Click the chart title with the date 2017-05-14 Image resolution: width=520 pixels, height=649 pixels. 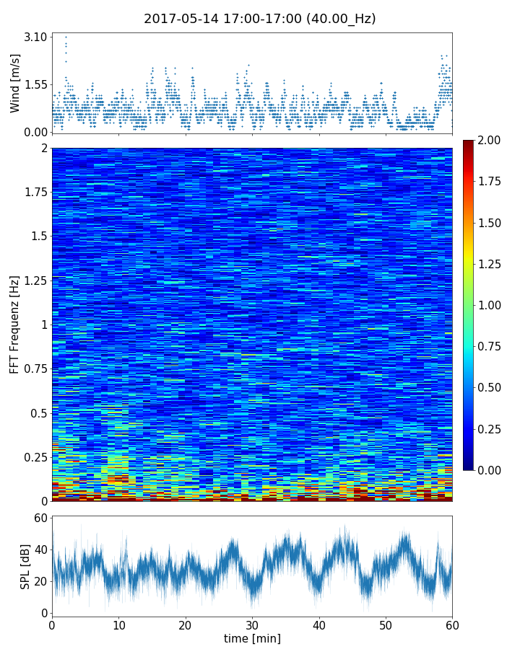[x=259, y=19]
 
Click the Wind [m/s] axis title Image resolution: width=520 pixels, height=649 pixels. [x=15, y=83]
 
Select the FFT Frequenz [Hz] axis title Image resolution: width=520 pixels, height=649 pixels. [x=15, y=324]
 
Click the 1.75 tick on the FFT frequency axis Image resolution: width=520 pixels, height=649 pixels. [x=33, y=193]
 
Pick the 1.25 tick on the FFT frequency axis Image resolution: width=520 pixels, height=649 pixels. [x=33, y=281]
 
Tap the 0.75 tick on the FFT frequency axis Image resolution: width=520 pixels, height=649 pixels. [x=33, y=369]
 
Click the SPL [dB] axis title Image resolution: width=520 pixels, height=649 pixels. [x=25, y=565]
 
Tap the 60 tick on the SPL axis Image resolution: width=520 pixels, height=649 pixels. [x=40, y=518]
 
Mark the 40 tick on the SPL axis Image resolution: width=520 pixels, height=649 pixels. [x=40, y=550]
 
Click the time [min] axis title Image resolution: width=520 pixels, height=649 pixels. [x=252, y=639]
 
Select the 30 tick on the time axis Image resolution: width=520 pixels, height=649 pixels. [x=252, y=624]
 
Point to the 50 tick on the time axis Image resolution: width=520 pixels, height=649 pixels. [x=386, y=624]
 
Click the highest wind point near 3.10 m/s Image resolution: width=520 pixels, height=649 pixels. [x=66, y=37]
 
